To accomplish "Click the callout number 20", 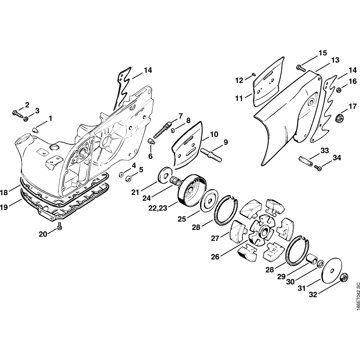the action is point(43,234).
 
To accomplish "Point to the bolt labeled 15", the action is point(301,68).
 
